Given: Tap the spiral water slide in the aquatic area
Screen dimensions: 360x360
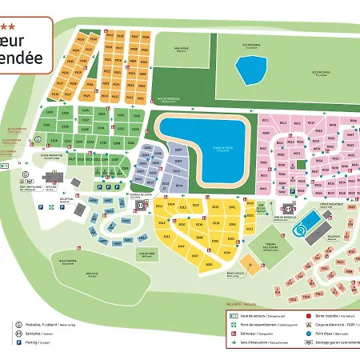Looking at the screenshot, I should pos(298,231).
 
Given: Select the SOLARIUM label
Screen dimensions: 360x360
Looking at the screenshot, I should pos(334,235).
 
